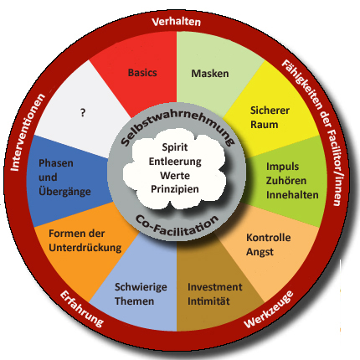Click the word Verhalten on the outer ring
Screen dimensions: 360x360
(x=177, y=22)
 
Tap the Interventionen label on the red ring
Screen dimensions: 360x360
(x=28, y=132)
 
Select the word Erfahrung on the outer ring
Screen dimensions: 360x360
(x=82, y=308)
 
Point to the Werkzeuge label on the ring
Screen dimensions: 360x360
(x=269, y=310)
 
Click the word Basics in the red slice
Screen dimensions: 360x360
(x=142, y=73)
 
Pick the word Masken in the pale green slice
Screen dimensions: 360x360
(x=210, y=74)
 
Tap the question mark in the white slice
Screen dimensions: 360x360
(x=83, y=113)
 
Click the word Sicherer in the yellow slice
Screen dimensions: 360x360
(x=270, y=111)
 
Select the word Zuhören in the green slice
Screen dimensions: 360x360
(x=286, y=180)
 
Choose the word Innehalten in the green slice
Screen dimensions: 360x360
(x=292, y=195)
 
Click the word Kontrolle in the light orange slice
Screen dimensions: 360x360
(x=269, y=238)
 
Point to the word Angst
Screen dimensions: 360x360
(x=260, y=252)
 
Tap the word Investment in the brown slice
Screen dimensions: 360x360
(x=215, y=287)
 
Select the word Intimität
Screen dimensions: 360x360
(x=208, y=301)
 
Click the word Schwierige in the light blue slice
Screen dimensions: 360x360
(x=141, y=287)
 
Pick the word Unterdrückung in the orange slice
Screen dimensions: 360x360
(x=85, y=248)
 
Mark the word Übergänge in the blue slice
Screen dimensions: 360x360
(x=64, y=192)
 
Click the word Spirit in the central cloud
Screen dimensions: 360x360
(x=175, y=147)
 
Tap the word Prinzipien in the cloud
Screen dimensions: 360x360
(x=175, y=189)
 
